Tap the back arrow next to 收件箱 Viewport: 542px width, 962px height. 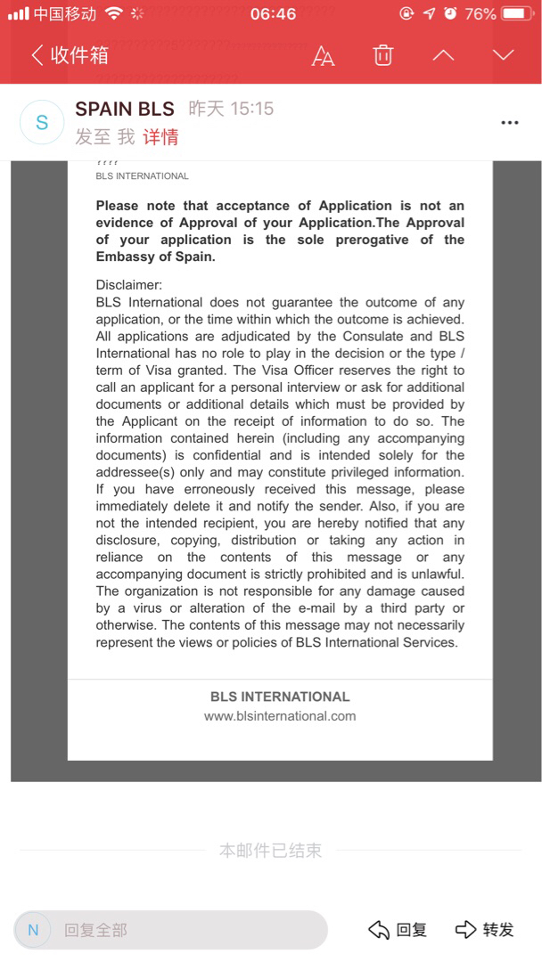[x=37, y=55]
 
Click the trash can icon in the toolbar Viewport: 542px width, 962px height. [x=382, y=55]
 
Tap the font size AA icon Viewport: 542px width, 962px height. [x=323, y=56]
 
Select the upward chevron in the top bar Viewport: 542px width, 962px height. [x=443, y=55]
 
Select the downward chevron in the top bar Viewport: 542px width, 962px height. [x=504, y=55]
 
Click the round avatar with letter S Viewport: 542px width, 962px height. [x=42, y=123]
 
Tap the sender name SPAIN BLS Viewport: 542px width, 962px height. [x=125, y=110]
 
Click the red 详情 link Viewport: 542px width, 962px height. [x=160, y=137]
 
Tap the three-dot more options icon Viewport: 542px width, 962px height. [x=509, y=123]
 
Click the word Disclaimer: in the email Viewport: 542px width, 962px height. [x=129, y=285]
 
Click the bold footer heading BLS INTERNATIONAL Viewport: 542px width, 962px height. [x=280, y=697]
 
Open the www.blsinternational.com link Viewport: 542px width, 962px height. [x=280, y=716]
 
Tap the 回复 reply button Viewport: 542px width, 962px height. [x=398, y=930]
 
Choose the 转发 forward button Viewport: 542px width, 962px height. [x=485, y=930]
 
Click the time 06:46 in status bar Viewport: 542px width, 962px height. [x=273, y=14]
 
